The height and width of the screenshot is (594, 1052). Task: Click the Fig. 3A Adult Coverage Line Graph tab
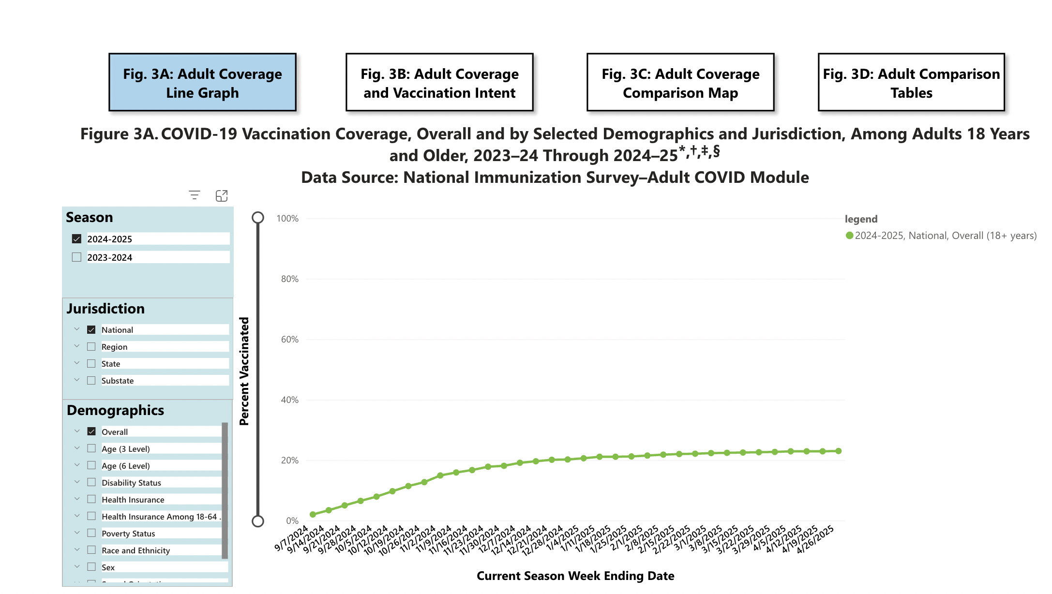(x=202, y=83)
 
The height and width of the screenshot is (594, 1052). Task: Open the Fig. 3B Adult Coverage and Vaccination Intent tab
(x=439, y=83)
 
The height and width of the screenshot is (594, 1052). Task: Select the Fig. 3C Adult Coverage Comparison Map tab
(x=680, y=83)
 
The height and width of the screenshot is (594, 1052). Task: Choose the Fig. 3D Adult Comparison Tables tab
(x=911, y=83)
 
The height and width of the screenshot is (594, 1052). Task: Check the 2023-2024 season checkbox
(x=76, y=257)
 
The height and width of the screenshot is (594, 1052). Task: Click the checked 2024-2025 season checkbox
(x=76, y=239)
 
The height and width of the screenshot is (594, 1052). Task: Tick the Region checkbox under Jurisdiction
(x=91, y=347)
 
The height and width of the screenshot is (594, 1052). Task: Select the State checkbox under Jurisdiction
(x=91, y=364)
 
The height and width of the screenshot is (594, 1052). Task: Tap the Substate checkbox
(x=91, y=381)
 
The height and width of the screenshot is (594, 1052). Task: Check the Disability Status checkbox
(x=91, y=482)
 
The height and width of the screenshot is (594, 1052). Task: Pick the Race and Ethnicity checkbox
(x=91, y=550)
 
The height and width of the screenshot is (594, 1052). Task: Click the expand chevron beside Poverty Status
(x=77, y=533)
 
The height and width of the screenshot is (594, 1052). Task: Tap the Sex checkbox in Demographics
(x=91, y=567)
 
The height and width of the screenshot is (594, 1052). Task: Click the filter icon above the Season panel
(x=195, y=195)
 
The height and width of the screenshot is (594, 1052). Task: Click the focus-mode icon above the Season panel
(x=222, y=195)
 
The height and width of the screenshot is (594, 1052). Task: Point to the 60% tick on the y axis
(x=289, y=340)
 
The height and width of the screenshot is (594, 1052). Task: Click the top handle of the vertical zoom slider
(x=258, y=218)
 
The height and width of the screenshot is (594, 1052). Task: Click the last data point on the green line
(x=839, y=451)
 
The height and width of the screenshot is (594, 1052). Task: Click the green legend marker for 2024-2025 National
(x=849, y=236)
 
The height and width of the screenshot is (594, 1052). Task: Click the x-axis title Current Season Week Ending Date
(x=575, y=576)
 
